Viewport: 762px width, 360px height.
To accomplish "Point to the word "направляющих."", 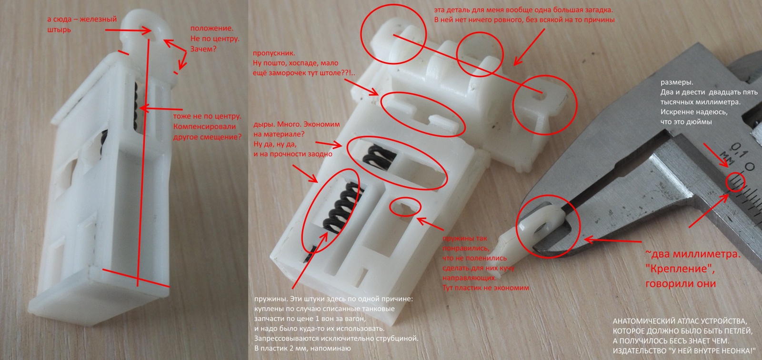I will (470, 278).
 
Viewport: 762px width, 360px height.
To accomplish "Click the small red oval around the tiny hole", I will (405, 207).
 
